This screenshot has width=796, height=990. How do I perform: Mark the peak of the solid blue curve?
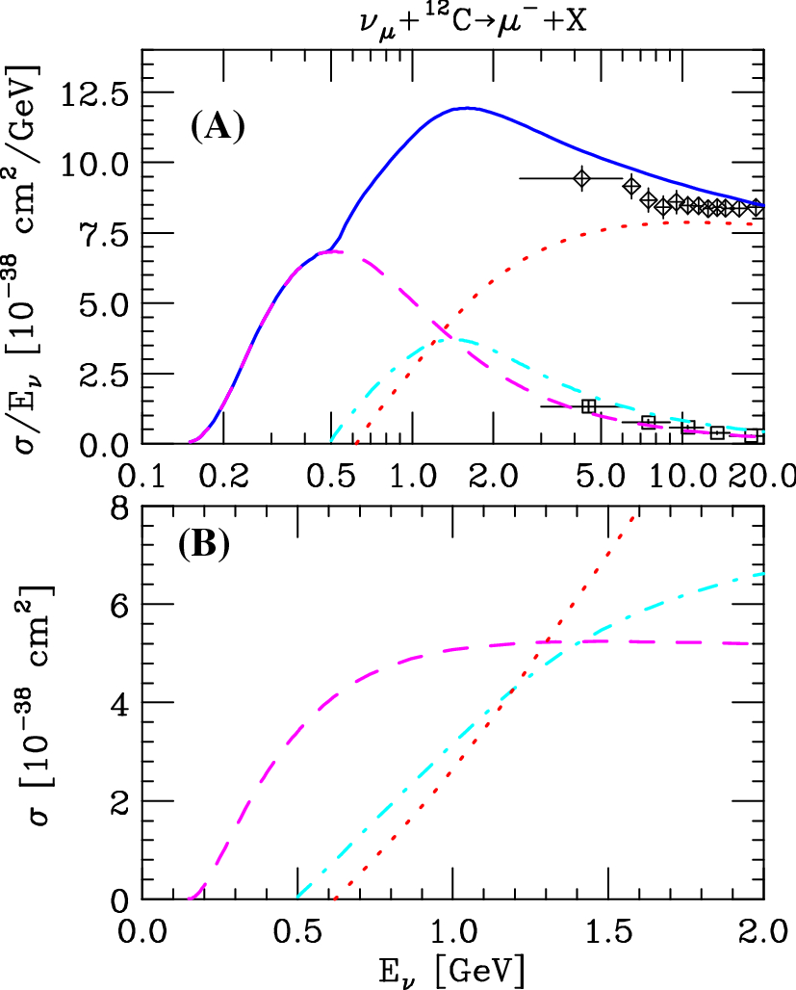[x=468, y=108]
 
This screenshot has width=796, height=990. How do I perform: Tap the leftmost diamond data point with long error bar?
[x=581, y=178]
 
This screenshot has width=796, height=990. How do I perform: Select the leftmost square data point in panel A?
[x=588, y=406]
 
